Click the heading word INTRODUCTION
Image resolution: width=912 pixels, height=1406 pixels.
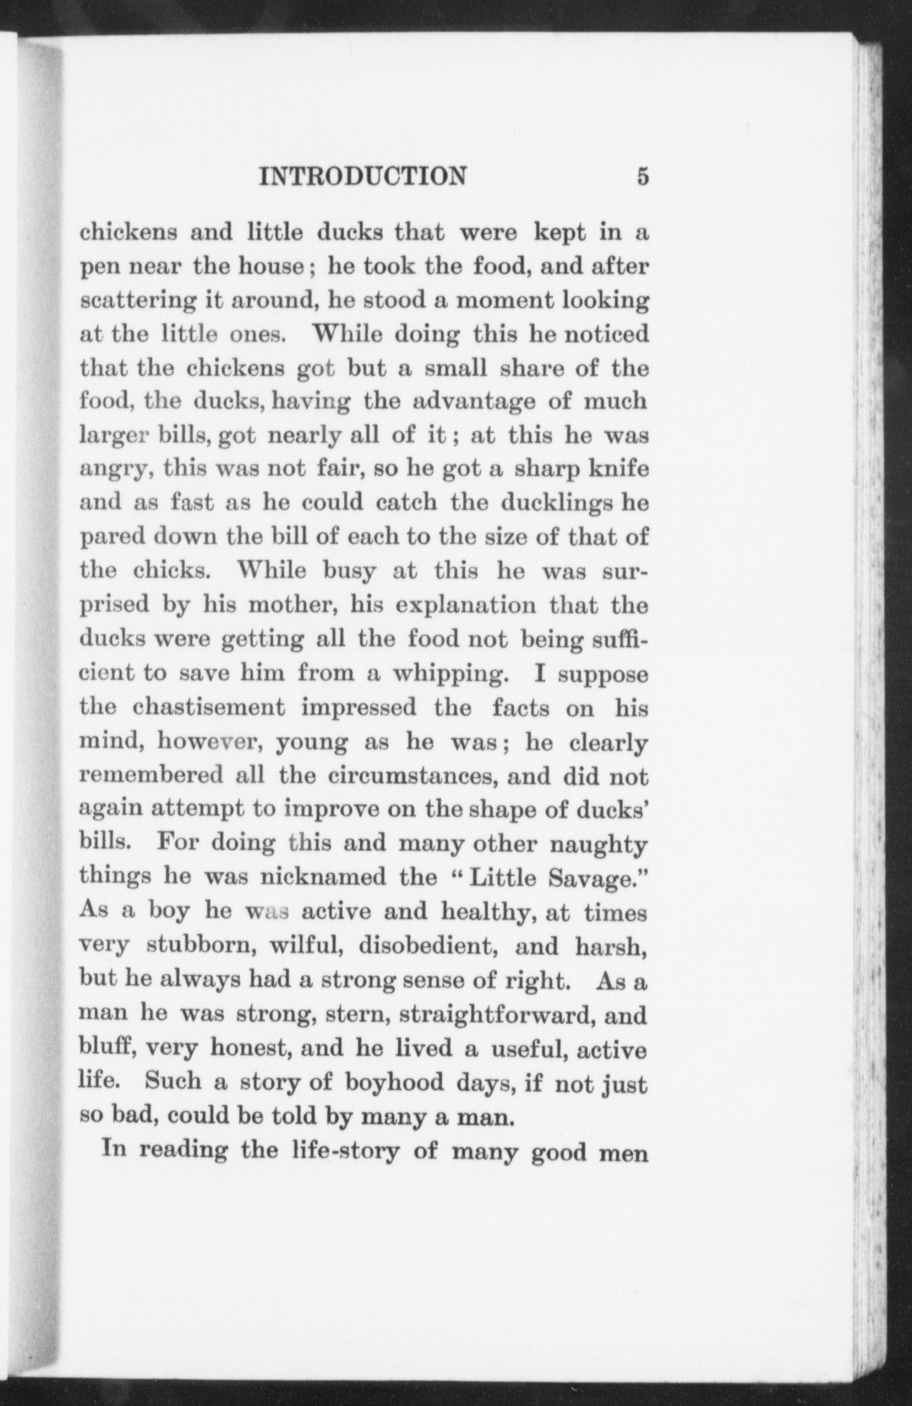pos(362,176)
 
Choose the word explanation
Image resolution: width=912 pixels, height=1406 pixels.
pos(466,605)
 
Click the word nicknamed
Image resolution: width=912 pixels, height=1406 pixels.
pos(323,878)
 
